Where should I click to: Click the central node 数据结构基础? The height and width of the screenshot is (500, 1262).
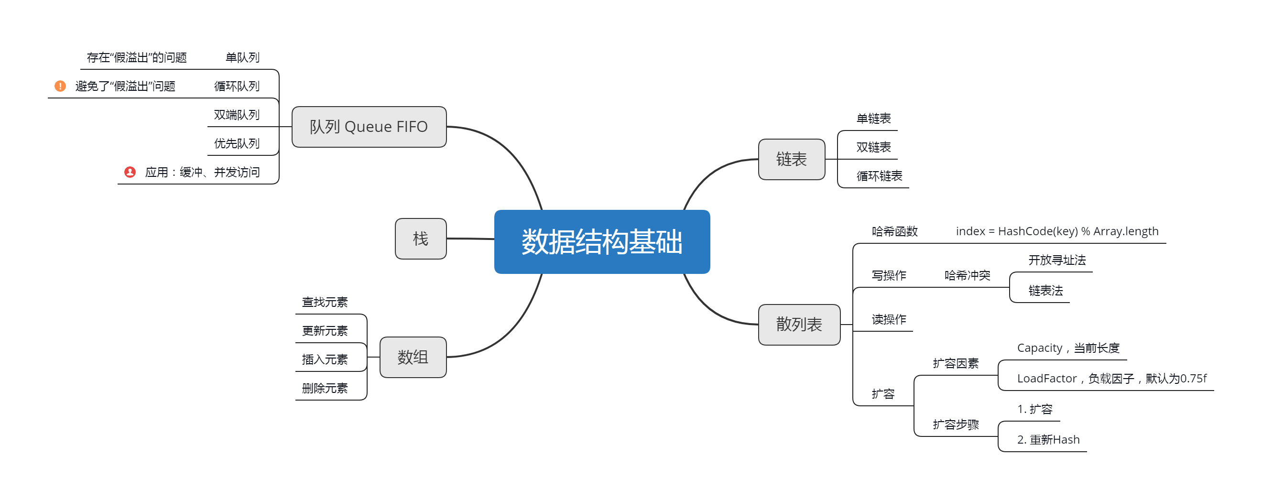tap(602, 241)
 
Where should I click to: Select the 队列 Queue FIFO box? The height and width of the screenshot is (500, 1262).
tap(369, 127)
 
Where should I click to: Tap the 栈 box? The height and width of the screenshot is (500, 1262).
tap(420, 239)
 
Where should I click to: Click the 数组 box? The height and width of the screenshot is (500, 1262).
tap(413, 357)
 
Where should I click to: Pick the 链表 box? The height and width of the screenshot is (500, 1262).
tap(791, 159)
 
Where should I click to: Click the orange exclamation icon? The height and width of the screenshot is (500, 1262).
tap(60, 86)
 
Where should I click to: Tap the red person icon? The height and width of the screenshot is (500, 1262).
tap(130, 172)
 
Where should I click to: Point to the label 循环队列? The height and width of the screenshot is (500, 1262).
tap(237, 86)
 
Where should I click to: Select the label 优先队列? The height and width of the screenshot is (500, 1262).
tap(237, 143)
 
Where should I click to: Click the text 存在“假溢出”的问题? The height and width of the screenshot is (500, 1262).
tap(137, 58)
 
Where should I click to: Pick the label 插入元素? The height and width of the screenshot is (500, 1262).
tap(324, 359)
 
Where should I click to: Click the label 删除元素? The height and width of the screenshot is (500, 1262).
tap(324, 388)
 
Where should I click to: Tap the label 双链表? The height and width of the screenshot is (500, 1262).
tap(873, 147)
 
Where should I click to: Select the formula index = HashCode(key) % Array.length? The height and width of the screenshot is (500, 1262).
tap(1057, 231)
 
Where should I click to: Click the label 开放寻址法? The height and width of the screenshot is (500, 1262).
tap(1057, 260)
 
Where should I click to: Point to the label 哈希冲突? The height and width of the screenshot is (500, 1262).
tap(967, 275)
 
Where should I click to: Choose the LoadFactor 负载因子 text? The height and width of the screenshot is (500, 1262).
tap(1111, 379)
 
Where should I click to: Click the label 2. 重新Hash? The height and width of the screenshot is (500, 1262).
tap(1048, 440)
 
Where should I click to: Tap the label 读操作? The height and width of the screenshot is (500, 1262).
tap(889, 319)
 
